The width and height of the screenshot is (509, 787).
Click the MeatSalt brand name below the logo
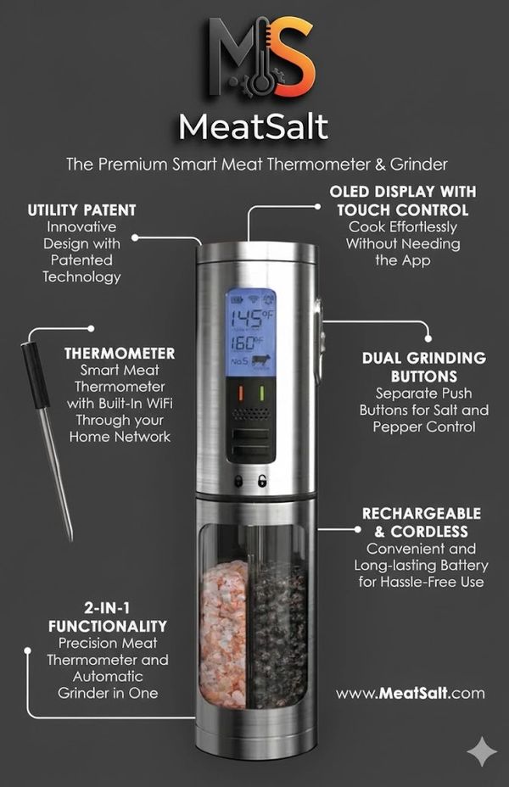[x=254, y=127]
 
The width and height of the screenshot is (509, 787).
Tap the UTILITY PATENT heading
[x=81, y=209]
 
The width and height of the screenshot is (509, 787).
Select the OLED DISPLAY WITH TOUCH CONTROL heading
[x=403, y=200]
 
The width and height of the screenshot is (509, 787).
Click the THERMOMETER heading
[x=120, y=354]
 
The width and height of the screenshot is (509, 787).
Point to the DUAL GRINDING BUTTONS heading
[x=424, y=367]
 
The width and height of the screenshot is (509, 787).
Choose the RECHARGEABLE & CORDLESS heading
[x=422, y=522]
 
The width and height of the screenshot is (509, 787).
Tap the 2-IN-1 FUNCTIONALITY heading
[x=108, y=617]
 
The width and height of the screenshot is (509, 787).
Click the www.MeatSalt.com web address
[x=411, y=694]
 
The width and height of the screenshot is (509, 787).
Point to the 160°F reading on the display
[x=247, y=343]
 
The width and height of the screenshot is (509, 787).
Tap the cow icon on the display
[x=261, y=361]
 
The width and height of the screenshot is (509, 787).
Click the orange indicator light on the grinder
[x=240, y=392]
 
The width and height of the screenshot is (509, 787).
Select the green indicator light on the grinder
[x=261, y=392]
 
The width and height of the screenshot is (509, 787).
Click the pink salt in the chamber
[x=224, y=634]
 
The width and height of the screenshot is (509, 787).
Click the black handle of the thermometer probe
[x=35, y=375]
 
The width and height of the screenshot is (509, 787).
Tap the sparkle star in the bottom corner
[x=482, y=752]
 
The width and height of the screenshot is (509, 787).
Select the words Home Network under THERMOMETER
[x=120, y=437]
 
